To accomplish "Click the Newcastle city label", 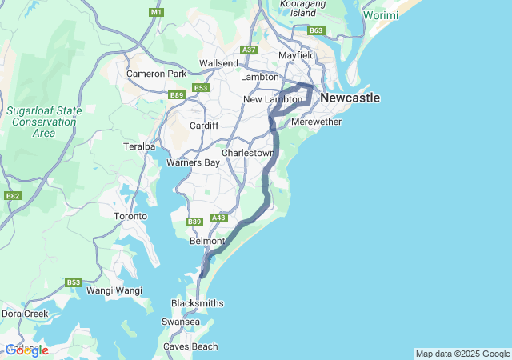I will (350, 98).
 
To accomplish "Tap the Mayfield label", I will (298, 55).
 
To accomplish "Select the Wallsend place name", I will (218, 63).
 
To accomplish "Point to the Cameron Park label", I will (156, 74).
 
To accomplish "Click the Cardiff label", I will (204, 126).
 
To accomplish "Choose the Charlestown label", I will (248, 152).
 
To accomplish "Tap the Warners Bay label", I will (193, 162).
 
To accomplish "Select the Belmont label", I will (207, 241).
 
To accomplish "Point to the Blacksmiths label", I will (198, 303).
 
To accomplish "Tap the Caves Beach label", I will (190, 346).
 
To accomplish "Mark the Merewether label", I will (317, 122).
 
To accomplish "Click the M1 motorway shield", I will (155, 13).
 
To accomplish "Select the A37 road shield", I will (250, 50).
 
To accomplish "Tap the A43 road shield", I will (218, 218).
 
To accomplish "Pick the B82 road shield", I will (12, 195).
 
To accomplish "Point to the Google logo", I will (26, 350).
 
